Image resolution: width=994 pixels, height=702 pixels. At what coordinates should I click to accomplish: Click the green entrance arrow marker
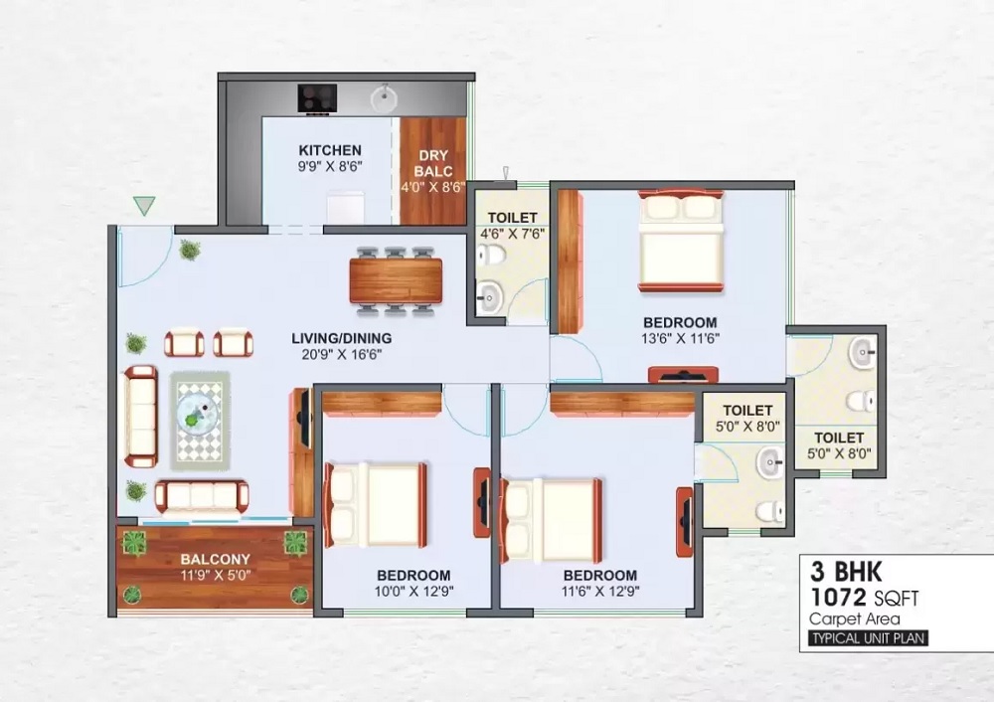[x=144, y=206]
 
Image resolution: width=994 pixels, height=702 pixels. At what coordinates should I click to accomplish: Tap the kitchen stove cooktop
[x=317, y=97]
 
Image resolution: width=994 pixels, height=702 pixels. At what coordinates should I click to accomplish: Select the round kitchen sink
[x=383, y=97]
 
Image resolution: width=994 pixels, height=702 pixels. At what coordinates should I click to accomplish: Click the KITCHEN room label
[x=330, y=150]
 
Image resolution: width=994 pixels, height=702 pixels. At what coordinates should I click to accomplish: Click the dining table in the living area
[x=396, y=280]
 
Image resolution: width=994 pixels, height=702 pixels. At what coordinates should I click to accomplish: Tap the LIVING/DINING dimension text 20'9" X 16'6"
[x=335, y=353]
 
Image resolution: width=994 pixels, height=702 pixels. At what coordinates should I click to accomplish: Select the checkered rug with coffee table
[x=200, y=420]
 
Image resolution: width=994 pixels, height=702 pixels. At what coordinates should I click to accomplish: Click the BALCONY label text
[x=215, y=560]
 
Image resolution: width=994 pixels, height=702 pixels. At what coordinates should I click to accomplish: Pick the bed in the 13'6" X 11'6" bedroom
[x=681, y=241]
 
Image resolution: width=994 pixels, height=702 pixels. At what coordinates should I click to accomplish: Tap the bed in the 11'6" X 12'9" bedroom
[x=553, y=519]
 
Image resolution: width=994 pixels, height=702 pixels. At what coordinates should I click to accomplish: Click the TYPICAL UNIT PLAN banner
[x=868, y=638]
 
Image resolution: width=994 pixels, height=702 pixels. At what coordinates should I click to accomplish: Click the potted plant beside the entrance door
[x=189, y=250]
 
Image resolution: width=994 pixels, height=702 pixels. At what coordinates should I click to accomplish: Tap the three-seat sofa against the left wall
[x=139, y=416]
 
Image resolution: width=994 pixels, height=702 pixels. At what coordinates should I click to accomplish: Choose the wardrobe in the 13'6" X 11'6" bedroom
[x=570, y=261]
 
